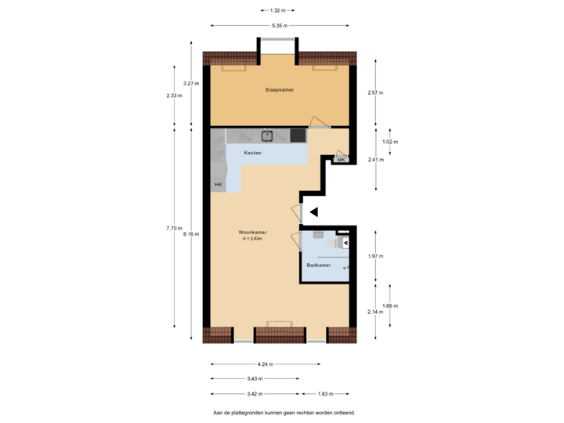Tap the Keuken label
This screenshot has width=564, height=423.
(x=252, y=152)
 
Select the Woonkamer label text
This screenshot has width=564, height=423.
(x=252, y=232)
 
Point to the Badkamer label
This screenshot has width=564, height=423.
(x=318, y=266)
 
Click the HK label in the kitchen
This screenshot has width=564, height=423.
(x=218, y=185)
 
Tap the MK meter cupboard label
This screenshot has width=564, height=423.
(x=341, y=160)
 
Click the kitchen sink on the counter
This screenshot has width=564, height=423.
(x=267, y=136)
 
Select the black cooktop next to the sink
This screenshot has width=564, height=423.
(x=298, y=136)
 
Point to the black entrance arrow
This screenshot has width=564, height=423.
(x=313, y=211)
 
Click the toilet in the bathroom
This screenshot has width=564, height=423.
(x=345, y=243)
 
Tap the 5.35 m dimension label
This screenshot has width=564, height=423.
(x=279, y=26)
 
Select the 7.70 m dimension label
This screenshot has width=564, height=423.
(x=172, y=228)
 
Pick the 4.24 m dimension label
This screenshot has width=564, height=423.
(x=266, y=364)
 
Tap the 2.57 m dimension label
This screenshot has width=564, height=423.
(x=375, y=92)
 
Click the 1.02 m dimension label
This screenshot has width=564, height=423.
(x=389, y=142)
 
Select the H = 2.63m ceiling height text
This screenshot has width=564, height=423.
(x=252, y=239)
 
